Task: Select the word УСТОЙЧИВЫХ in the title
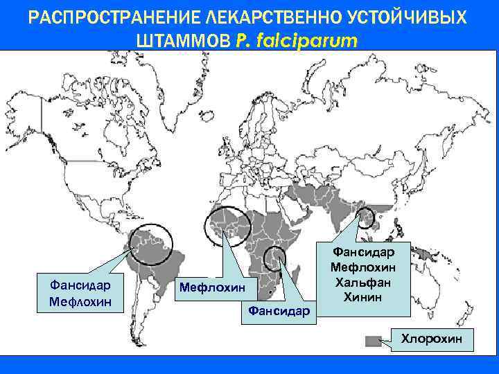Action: coord(401,17)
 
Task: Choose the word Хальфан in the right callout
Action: coord(363,283)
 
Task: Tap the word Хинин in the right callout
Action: coord(363,296)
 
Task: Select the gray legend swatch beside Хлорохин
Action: coord(374,341)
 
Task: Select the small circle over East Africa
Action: coord(275,259)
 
